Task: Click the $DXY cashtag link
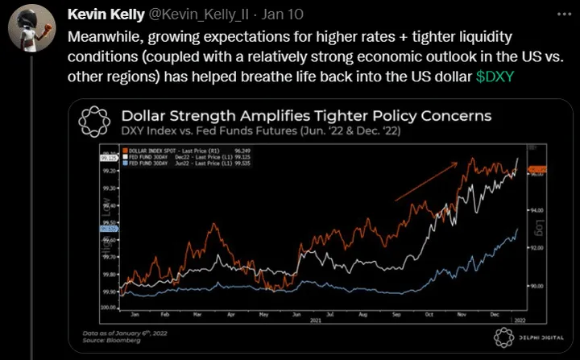coord(495,76)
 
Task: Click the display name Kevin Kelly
coord(104,15)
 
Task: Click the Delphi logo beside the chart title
coord(95,122)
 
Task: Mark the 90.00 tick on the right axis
coord(538,285)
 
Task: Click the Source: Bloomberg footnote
coord(106,338)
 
